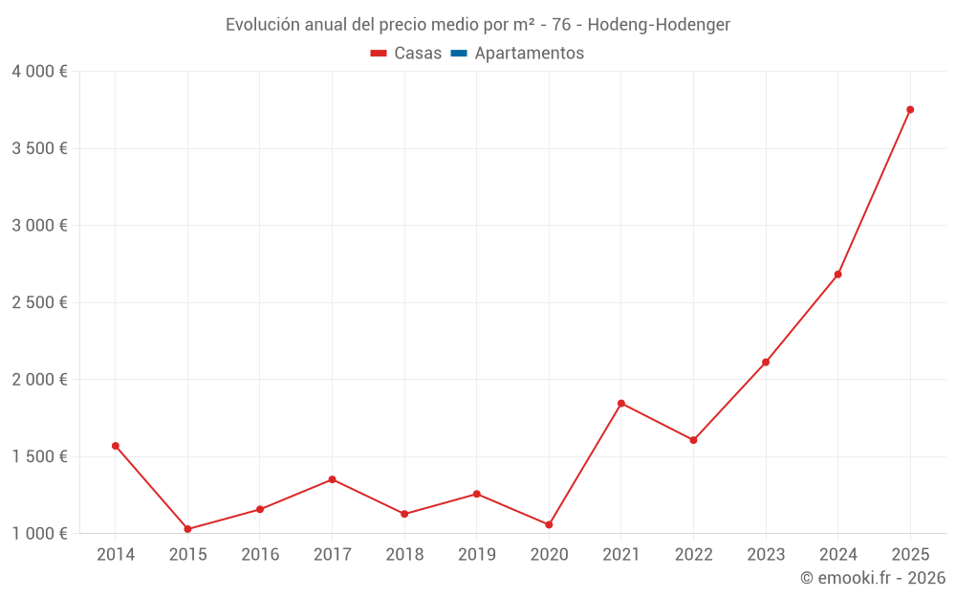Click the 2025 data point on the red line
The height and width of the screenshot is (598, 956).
pyautogui.click(x=910, y=110)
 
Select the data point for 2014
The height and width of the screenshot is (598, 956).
pyautogui.click(x=116, y=446)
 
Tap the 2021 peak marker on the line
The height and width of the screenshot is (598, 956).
pyautogui.click(x=621, y=404)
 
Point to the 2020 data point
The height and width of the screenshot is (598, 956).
pyautogui.click(x=549, y=524)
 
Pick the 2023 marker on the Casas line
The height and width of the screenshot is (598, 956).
pyautogui.click(x=766, y=363)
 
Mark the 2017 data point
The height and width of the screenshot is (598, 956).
pyautogui.click(x=332, y=479)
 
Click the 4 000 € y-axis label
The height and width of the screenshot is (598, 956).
pyautogui.click(x=40, y=72)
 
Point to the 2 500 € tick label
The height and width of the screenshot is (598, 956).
pyautogui.click(x=40, y=302)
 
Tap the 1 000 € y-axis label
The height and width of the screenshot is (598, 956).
pyautogui.click(x=40, y=533)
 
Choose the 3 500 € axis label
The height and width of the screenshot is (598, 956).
pyautogui.click(x=40, y=148)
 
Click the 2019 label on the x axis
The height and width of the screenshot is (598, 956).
pyautogui.click(x=476, y=555)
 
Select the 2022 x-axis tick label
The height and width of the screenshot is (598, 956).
pyautogui.click(x=693, y=555)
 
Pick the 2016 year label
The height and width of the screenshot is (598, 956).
pyautogui.click(x=260, y=555)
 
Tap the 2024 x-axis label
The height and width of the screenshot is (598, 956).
pyautogui.click(x=837, y=555)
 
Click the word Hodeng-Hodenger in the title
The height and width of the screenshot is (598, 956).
pyautogui.click(x=659, y=25)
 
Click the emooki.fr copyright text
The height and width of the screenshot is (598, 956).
pyautogui.click(x=873, y=578)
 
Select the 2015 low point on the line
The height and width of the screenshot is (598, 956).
pyautogui.click(x=187, y=529)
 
